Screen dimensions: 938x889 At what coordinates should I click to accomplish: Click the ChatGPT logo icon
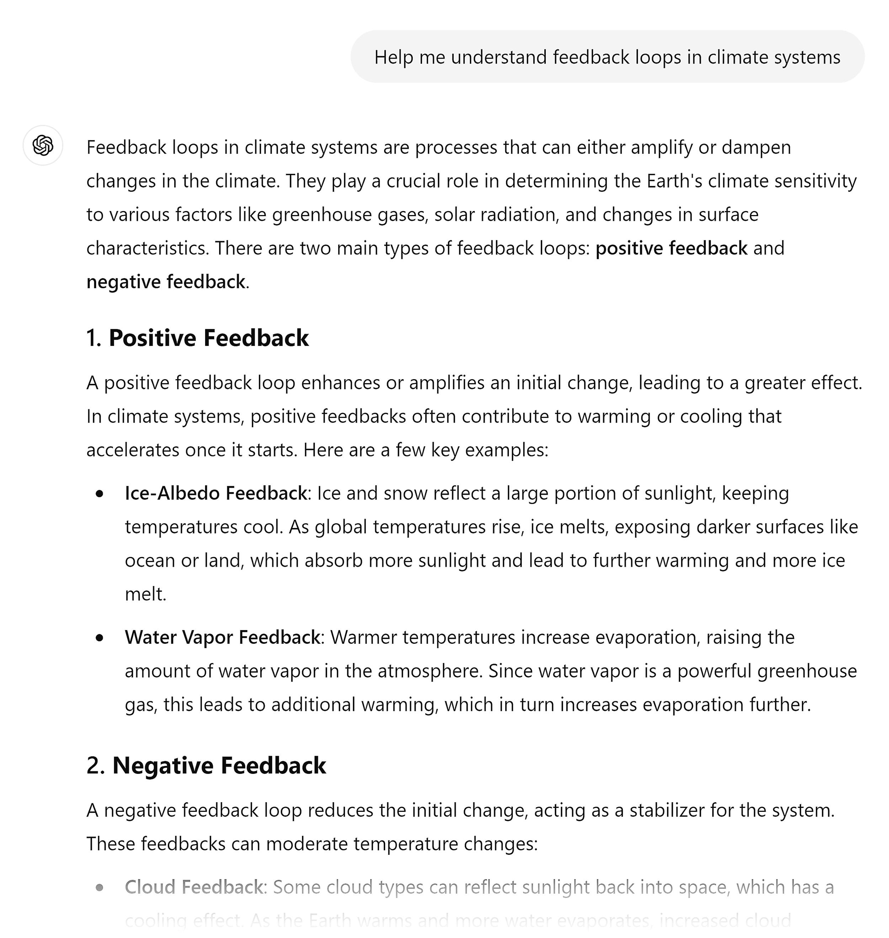(43, 145)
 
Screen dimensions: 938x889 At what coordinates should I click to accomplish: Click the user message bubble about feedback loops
(607, 57)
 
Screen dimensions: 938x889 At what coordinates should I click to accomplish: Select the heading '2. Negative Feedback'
(206, 766)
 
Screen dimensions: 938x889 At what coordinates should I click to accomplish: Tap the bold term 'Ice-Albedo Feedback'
(215, 493)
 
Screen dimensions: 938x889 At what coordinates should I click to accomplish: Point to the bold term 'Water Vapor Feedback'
(222, 637)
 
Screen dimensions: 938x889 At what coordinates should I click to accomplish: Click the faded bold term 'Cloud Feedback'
(193, 887)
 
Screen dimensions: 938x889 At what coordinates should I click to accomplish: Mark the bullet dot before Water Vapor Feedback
(99, 638)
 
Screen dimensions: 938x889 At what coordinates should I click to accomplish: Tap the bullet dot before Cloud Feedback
(99, 887)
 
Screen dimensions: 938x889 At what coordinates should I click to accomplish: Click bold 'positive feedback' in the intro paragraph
(671, 248)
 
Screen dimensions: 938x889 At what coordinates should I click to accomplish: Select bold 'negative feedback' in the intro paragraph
(166, 282)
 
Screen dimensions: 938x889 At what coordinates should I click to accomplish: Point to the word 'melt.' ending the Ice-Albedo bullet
(145, 594)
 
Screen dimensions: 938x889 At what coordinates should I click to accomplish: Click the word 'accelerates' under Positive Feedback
(133, 450)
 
